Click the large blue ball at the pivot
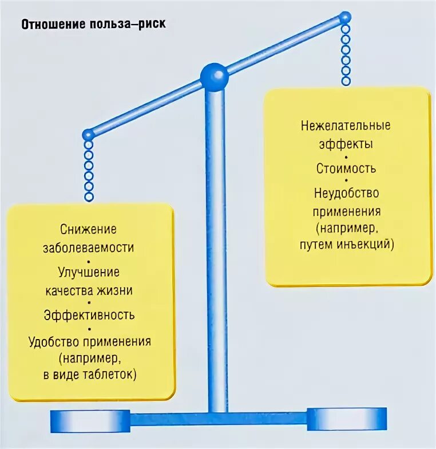[x=214, y=76]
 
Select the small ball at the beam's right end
[x=345, y=18]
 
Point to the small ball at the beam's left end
[x=88, y=135]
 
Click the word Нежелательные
[x=346, y=125]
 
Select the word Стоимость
[x=346, y=168]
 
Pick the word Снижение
[x=89, y=230]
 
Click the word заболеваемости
[x=89, y=248]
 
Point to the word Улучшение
[x=89, y=272]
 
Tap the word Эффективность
[x=89, y=314]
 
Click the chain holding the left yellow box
[x=88, y=170]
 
